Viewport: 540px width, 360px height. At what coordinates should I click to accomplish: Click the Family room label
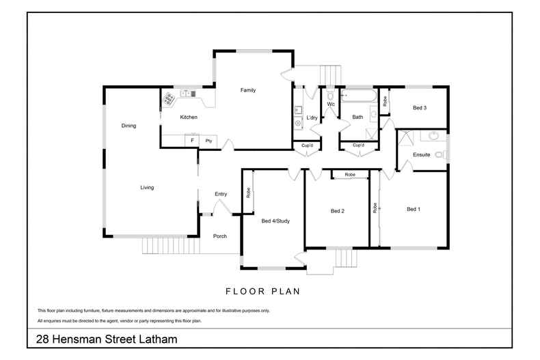point(247,90)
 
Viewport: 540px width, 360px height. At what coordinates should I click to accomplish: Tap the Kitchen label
point(189,117)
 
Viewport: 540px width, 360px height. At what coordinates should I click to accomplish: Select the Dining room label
point(129,126)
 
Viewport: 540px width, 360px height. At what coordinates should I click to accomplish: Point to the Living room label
point(147,187)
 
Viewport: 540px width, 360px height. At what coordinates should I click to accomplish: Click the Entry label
point(221,194)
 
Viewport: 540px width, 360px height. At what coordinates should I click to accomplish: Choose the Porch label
point(220,236)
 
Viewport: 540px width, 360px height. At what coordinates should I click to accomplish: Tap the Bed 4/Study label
point(275,221)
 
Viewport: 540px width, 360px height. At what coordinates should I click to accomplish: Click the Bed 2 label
point(337,211)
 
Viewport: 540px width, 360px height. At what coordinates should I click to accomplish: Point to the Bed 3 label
point(420,108)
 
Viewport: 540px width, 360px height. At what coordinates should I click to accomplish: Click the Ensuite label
point(422,155)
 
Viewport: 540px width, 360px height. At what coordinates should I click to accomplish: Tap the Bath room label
point(357,117)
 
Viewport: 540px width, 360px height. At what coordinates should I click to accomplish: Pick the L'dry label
point(312,118)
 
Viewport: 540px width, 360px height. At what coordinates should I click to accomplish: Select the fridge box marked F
point(193,140)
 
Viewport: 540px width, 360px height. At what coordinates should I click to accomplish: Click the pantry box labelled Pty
point(208,140)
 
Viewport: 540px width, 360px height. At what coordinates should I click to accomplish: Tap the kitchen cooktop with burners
point(169,98)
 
